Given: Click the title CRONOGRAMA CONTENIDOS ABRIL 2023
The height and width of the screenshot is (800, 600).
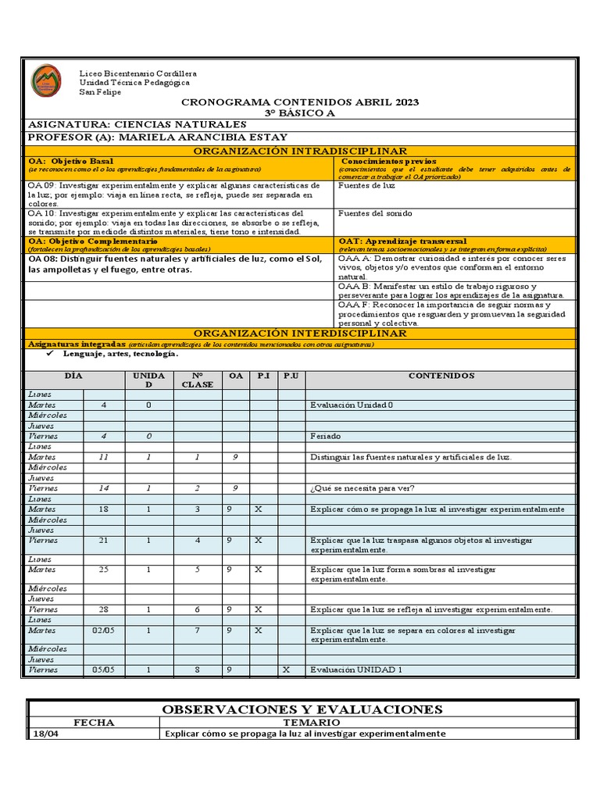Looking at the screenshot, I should (x=300, y=102).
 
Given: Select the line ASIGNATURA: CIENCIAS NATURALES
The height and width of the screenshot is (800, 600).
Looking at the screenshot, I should (x=137, y=124).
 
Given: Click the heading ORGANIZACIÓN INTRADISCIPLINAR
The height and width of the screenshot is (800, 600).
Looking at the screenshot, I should (x=300, y=151).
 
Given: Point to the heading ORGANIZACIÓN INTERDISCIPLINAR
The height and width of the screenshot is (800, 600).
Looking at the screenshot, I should (x=300, y=334).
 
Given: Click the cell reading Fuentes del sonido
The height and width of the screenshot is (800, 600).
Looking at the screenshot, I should (x=375, y=213).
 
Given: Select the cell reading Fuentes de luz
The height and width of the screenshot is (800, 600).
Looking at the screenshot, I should (x=367, y=186).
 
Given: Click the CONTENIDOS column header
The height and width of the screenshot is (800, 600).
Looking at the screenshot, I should (x=441, y=376).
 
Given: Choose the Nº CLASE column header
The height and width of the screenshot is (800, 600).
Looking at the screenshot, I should (x=198, y=380).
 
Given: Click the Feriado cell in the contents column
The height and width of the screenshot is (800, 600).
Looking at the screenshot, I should (x=325, y=436).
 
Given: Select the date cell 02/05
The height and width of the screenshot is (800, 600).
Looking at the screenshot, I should (x=103, y=630).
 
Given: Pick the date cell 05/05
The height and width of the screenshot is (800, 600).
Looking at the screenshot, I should (x=103, y=670).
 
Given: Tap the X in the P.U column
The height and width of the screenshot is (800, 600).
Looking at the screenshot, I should (x=286, y=670).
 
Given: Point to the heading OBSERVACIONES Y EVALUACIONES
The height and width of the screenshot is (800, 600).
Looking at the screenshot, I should (x=302, y=709).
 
